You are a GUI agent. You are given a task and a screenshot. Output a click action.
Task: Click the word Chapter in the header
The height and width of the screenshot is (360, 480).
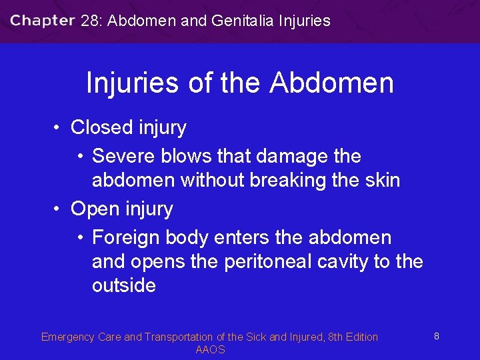click(42, 21)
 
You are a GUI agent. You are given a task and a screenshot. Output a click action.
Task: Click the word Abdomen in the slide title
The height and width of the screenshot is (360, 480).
click(331, 83)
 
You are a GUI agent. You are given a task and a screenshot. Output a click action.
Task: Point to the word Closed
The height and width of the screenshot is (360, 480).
click(101, 127)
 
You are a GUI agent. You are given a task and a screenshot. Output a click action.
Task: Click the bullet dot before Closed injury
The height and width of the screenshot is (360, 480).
click(59, 127)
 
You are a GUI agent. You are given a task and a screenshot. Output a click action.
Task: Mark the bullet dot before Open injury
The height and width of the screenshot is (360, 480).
click(59, 209)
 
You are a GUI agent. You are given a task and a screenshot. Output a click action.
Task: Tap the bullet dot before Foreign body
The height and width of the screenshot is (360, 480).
click(80, 238)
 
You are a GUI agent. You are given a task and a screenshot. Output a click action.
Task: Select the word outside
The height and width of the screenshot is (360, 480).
click(124, 285)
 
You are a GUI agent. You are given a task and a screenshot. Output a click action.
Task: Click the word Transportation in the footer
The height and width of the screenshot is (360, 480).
click(178, 337)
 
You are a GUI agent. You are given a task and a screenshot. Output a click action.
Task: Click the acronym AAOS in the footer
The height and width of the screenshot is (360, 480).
click(210, 349)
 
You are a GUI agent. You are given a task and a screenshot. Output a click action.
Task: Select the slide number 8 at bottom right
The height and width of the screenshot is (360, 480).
click(436, 337)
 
